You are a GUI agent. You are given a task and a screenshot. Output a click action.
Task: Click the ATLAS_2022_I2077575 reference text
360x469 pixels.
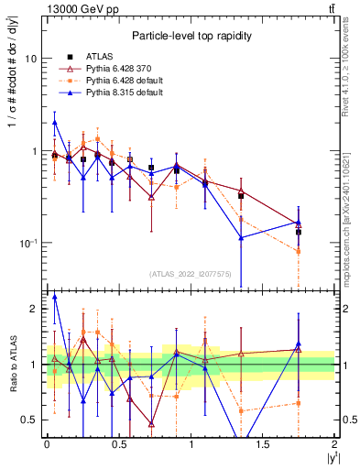(190, 273)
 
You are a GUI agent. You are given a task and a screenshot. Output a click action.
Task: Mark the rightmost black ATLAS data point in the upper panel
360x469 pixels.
(299, 232)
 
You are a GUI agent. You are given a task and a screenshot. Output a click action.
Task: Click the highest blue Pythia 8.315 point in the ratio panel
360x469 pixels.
(55, 297)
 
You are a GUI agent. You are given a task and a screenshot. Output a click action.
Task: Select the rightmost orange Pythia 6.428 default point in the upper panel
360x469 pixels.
(299, 251)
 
